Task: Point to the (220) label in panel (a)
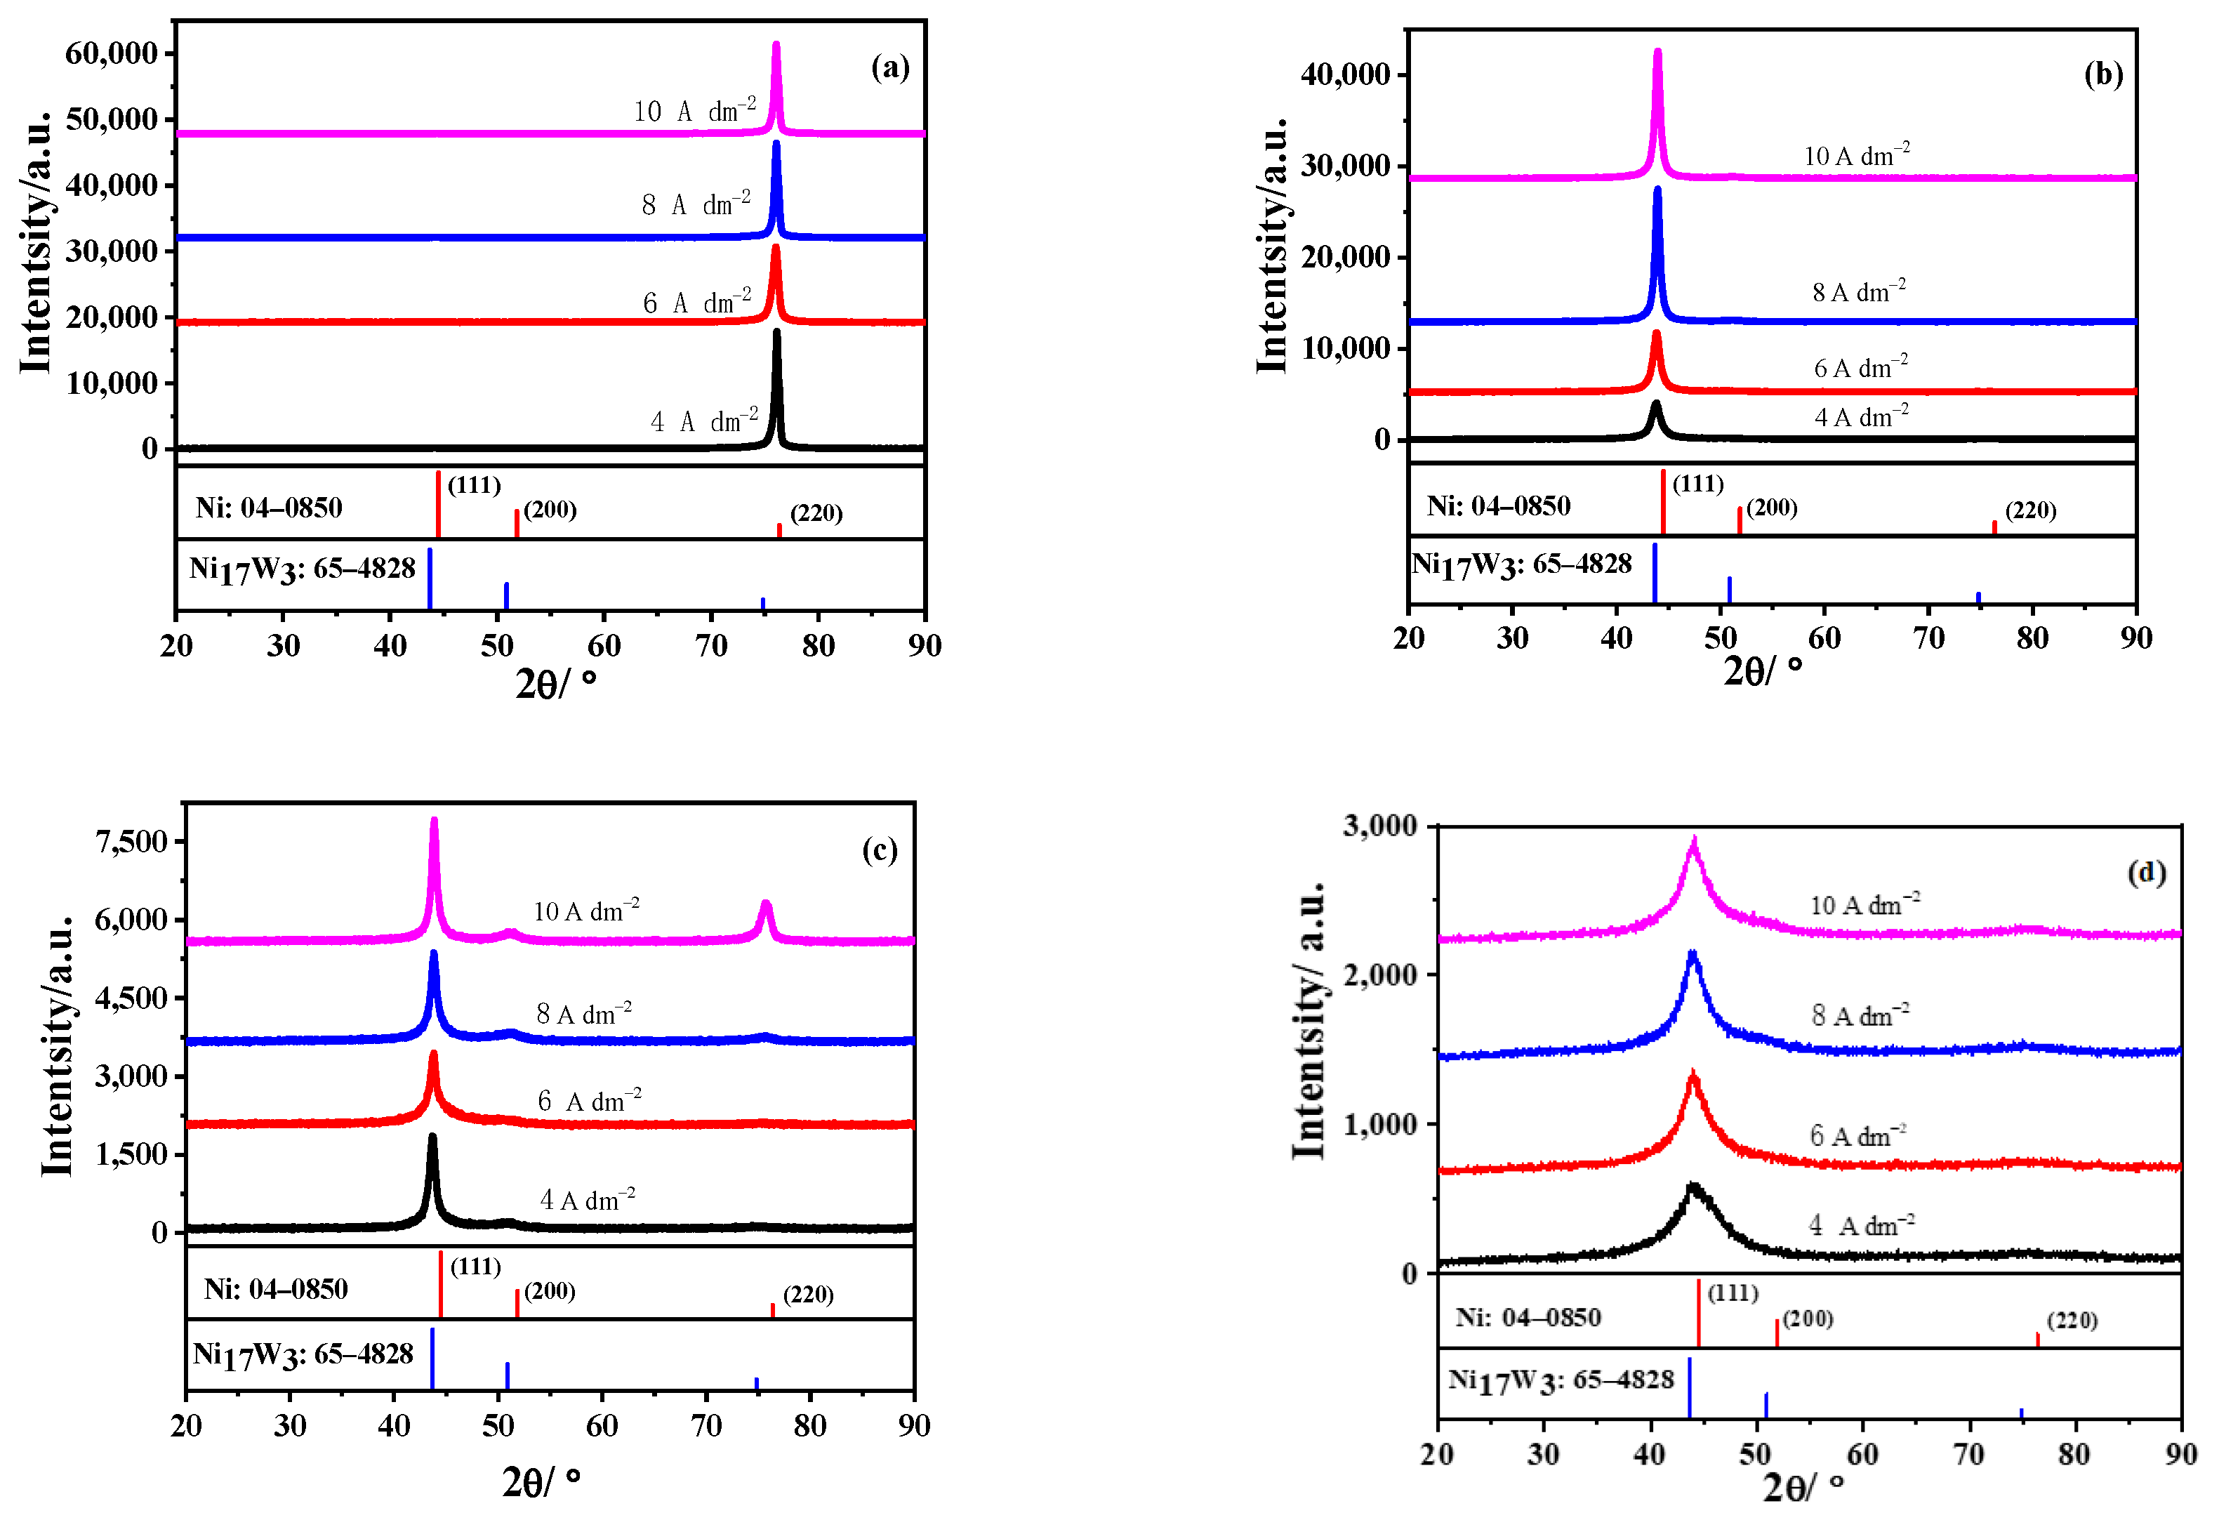(x=816, y=513)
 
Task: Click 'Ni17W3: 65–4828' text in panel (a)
(x=302, y=569)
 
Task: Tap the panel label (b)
(x=2102, y=74)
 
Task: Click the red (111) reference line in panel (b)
(x=1662, y=501)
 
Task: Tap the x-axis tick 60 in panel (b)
(x=1824, y=638)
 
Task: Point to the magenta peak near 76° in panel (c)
(x=764, y=904)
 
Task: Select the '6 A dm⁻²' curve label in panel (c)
(x=588, y=1100)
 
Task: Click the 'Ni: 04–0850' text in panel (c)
(x=276, y=1290)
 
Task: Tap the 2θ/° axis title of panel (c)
(x=541, y=1481)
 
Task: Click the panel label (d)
(x=2145, y=872)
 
